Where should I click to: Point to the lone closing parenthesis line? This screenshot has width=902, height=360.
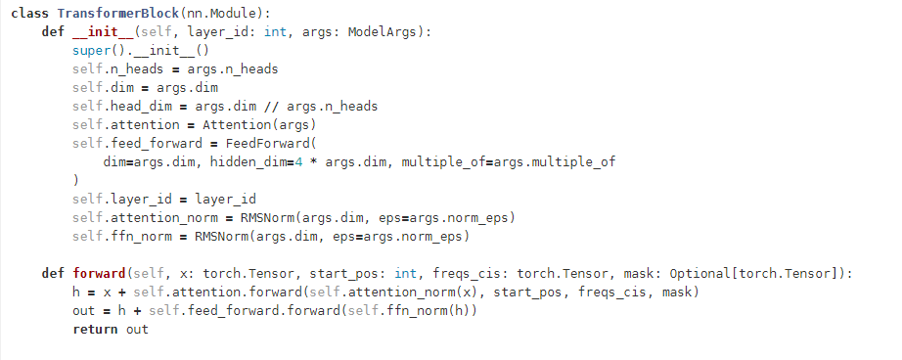(75, 180)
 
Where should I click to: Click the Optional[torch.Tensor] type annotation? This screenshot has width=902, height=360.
(765, 273)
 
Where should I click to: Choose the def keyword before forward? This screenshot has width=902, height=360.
(53, 273)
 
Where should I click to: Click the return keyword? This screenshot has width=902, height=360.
(95, 330)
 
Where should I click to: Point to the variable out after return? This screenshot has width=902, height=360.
(137, 330)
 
